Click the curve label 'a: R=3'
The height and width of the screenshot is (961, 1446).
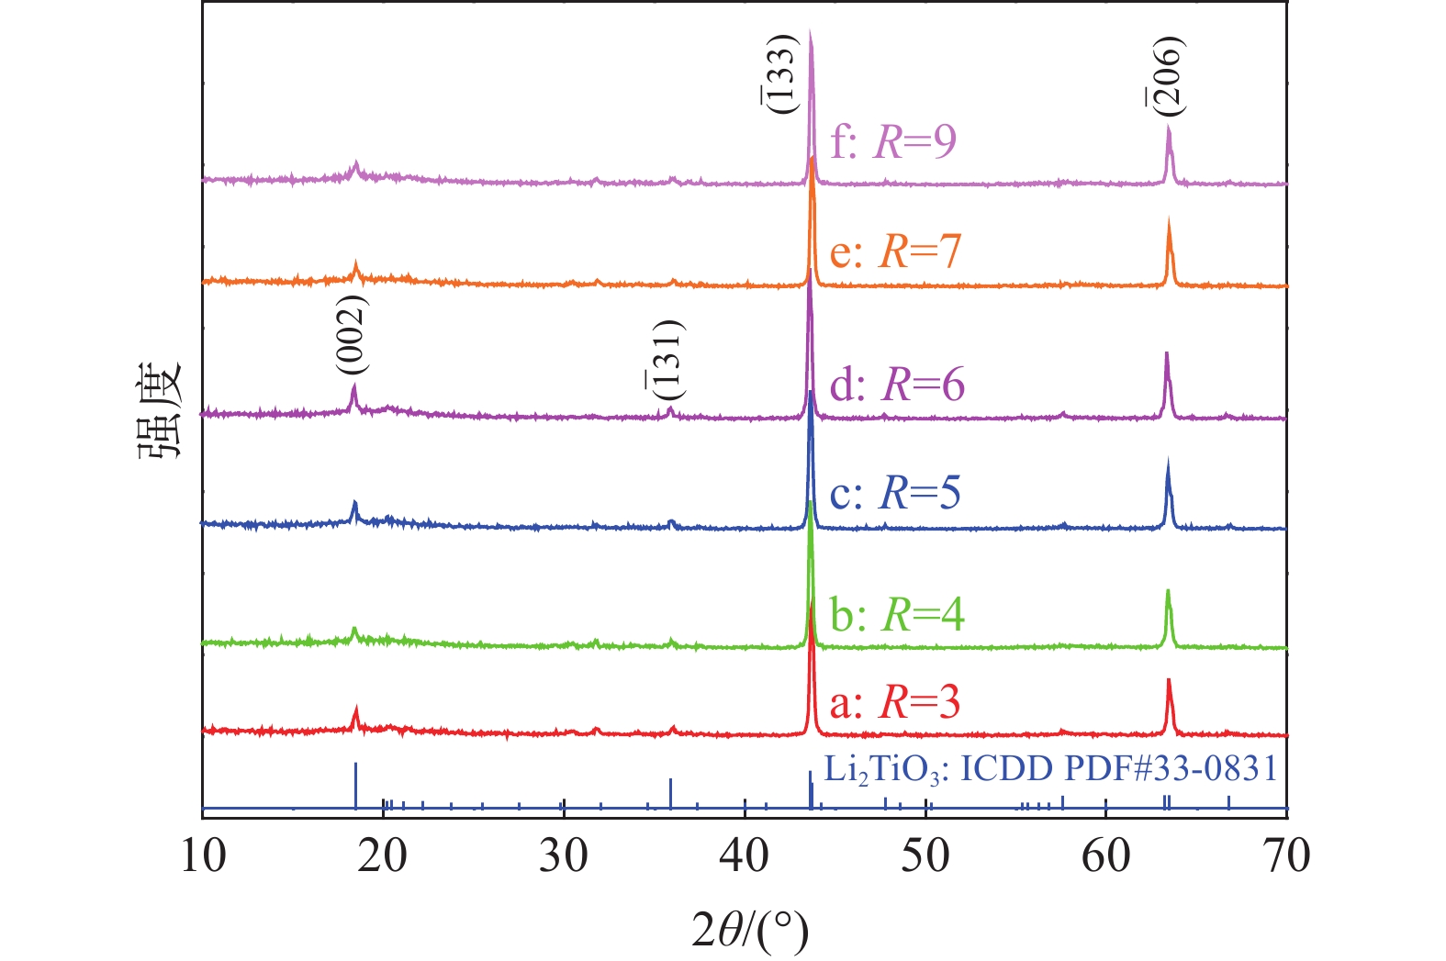coord(895,703)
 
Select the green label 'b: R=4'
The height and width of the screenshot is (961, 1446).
coord(897,614)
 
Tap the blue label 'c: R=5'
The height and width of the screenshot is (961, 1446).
coord(895,493)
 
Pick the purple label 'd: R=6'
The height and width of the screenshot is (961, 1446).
coord(897,384)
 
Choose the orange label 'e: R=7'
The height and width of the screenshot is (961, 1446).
coord(895,251)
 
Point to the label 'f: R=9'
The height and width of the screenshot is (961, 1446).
coord(893,141)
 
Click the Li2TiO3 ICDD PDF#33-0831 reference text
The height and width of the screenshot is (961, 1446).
coord(1050,769)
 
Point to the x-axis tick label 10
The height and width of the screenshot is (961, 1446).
coord(201,855)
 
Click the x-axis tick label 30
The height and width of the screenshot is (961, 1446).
coord(563,855)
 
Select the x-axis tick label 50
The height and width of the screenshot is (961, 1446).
coord(925,855)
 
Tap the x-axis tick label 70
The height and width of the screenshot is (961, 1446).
coord(1287,855)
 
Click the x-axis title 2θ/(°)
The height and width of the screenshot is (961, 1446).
coord(750,933)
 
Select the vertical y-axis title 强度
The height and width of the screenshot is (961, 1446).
coord(161,412)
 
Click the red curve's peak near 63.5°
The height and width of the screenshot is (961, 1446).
coord(1169,681)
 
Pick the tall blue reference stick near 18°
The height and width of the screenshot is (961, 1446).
coord(355,786)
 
